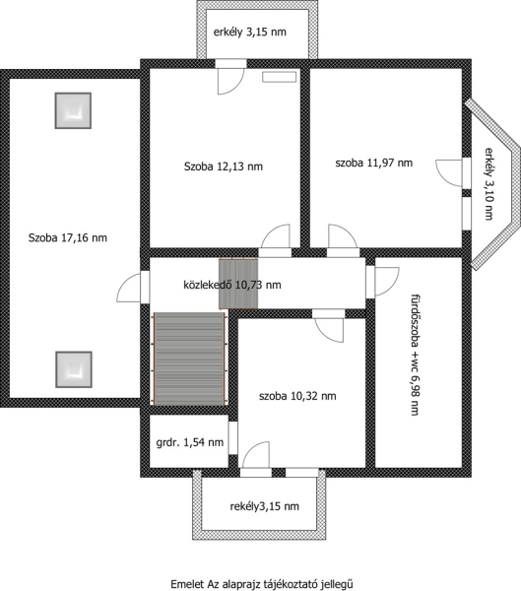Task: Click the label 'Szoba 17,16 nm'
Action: pyautogui.click(x=68, y=237)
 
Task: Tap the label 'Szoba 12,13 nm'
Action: pyautogui.click(x=224, y=166)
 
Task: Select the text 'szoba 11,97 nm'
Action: pyautogui.click(x=374, y=163)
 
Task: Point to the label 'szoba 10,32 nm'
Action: pyautogui.click(x=297, y=396)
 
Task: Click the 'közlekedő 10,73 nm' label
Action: pyautogui.click(x=232, y=285)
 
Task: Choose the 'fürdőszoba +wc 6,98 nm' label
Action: pyautogui.click(x=415, y=355)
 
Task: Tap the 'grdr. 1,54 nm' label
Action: pyautogui.click(x=190, y=442)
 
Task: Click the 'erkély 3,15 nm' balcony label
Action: pyautogui.click(x=249, y=33)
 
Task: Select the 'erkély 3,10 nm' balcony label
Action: pyautogui.click(x=488, y=183)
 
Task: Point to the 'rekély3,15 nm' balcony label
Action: pyautogui.click(x=265, y=506)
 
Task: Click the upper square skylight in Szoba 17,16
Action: pyautogui.click(x=73, y=110)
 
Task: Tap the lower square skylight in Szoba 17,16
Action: pyautogui.click(x=74, y=369)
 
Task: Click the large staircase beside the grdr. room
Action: pyautogui.click(x=189, y=359)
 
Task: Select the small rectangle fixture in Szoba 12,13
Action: pyautogui.click(x=280, y=77)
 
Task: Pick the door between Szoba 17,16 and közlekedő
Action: pyautogui.click(x=129, y=288)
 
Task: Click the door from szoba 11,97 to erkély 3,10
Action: pyautogui.click(x=449, y=172)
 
